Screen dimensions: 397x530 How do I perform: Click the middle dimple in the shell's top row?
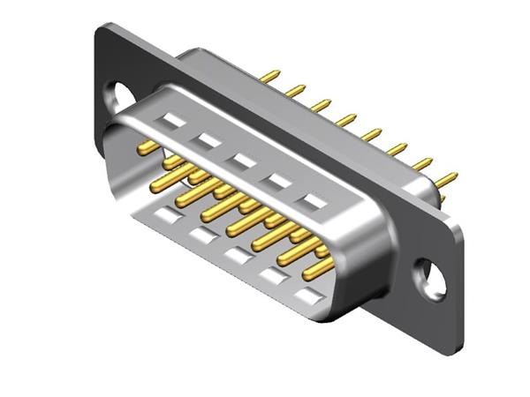[x=243, y=161]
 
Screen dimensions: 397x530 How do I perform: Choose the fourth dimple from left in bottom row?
[x=272, y=276]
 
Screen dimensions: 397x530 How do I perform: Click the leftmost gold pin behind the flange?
[x=269, y=76]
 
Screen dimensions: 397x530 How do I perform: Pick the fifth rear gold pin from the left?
[x=371, y=134]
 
